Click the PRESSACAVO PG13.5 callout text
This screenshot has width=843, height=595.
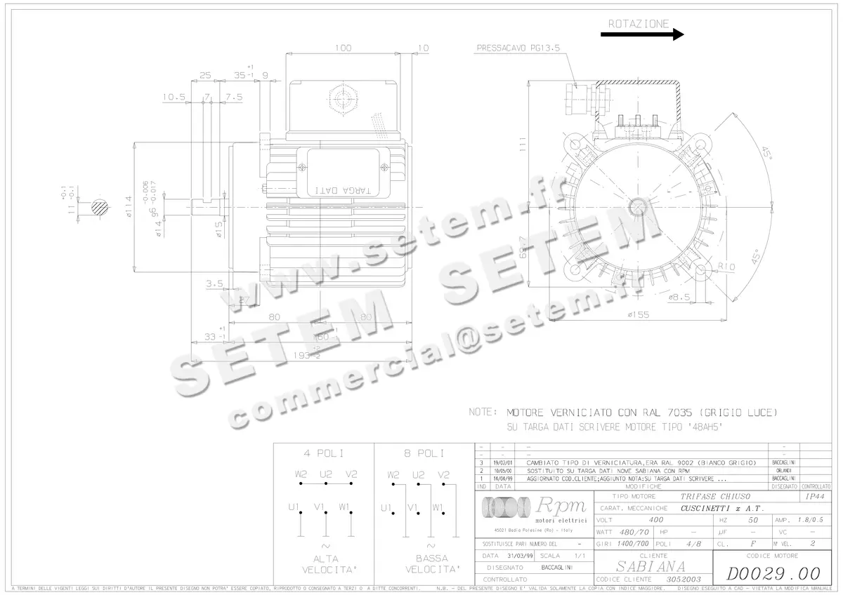pos(521,48)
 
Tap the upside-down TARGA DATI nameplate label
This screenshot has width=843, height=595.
pos(344,189)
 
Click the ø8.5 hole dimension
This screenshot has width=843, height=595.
pos(680,297)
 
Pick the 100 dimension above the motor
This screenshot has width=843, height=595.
pos(343,48)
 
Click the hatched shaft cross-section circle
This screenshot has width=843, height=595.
pos(99,206)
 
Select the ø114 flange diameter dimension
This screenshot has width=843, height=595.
pos(129,207)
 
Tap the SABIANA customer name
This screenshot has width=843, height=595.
pos(651,566)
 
